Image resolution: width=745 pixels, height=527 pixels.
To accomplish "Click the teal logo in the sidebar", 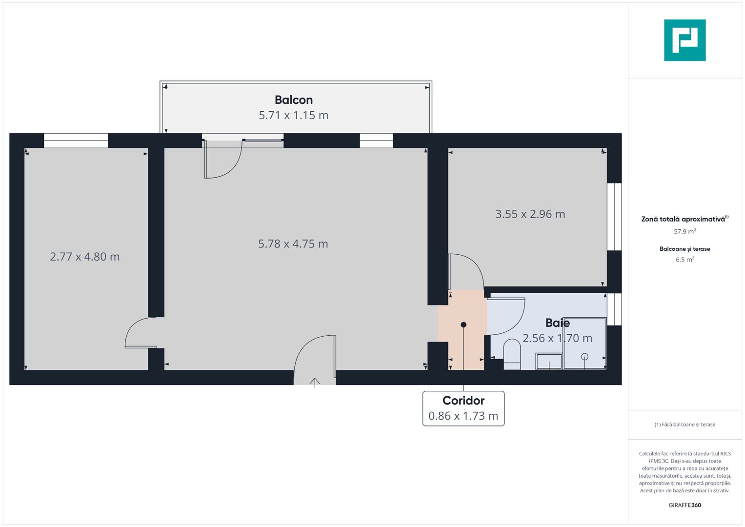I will tap(685, 40).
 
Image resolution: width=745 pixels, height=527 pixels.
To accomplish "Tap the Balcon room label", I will tap(293, 100).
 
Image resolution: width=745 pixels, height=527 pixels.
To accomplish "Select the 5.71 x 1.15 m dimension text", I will tap(293, 116).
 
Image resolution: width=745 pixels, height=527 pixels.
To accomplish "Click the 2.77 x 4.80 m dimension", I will tap(85, 257).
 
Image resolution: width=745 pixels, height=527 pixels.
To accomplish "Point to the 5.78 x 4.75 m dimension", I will tap(293, 244).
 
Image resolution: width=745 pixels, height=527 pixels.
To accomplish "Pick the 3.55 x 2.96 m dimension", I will tap(530, 214).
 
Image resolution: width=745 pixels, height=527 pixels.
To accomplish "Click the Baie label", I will tap(557, 323).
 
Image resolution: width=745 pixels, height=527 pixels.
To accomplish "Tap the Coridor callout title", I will tap(463, 401).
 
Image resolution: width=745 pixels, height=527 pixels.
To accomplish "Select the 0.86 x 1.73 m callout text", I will tap(463, 416).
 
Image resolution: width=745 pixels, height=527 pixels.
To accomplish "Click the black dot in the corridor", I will tap(463, 324).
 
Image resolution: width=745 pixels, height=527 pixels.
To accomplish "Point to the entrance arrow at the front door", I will tap(315, 383).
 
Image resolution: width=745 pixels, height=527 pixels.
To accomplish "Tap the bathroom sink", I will tap(549, 362).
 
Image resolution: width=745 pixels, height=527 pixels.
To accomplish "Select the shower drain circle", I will tap(585, 357).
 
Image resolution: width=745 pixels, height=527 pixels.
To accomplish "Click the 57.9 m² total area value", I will tap(685, 232).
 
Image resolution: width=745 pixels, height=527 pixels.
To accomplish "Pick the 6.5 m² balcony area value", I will tap(685, 260).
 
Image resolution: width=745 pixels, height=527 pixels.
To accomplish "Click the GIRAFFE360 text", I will tap(685, 506).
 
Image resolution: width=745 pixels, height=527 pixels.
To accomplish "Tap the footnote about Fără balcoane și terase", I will tap(685, 425).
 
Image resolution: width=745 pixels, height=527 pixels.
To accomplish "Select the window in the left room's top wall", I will tap(76, 141).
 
